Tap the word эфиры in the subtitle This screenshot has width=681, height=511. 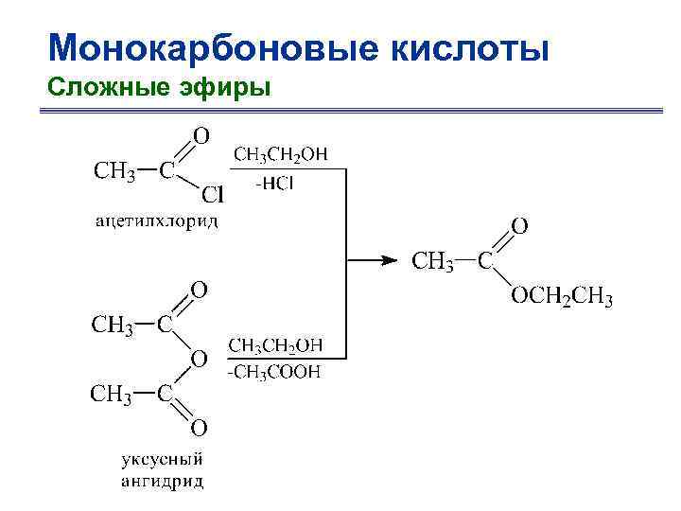231,88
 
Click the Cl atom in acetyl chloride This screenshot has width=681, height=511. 212,196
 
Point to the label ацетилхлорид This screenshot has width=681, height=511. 156,222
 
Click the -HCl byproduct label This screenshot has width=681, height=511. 275,184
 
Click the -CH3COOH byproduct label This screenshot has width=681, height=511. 274,372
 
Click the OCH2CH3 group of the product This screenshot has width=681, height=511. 562,300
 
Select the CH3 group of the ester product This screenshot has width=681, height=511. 432,261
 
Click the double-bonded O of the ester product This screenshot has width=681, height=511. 519,225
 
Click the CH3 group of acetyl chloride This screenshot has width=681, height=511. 112,171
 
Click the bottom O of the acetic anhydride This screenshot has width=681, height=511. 200,428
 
